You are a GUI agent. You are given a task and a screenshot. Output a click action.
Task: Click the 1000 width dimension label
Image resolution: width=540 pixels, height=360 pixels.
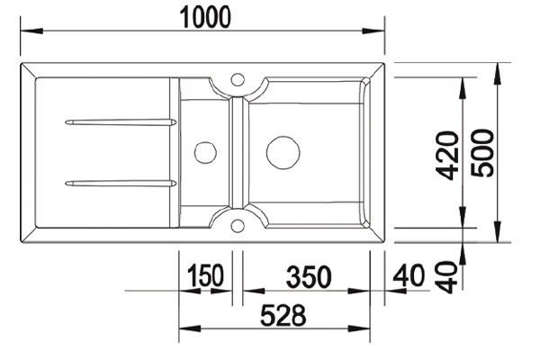pyautogui.click(x=205, y=17)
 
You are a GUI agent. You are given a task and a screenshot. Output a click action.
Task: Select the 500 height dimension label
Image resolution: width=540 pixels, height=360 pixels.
pyautogui.click(x=482, y=153)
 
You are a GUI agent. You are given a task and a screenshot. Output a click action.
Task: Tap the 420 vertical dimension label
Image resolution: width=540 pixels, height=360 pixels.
pyautogui.click(x=447, y=156)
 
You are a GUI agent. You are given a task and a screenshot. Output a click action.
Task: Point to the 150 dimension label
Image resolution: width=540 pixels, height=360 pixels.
pyautogui.click(x=205, y=275)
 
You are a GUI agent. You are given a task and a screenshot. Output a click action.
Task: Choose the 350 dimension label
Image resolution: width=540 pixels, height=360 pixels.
pyautogui.click(x=309, y=276)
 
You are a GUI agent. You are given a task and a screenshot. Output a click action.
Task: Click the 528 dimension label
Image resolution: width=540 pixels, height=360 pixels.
pyautogui.click(x=283, y=316)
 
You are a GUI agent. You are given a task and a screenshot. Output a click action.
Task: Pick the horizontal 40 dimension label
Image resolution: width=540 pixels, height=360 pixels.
pyautogui.click(x=409, y=275)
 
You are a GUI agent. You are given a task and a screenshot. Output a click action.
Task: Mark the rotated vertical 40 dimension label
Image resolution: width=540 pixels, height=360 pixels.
pyautogui.click(x=446, y=276)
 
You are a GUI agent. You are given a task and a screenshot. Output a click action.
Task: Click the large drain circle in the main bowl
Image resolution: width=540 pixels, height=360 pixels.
pyautogui.click(x=283, y=153)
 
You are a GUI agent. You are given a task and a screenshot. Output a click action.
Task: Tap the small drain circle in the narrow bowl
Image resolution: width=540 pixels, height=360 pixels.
pyautogui.click(x=205, y=153)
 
